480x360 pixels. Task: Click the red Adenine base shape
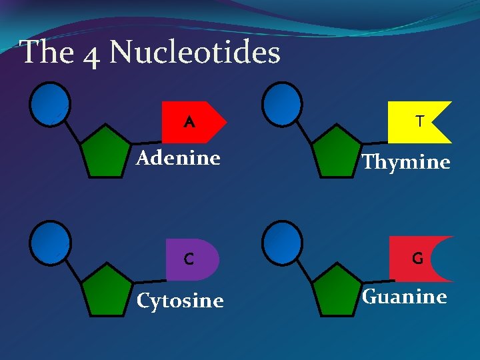193,122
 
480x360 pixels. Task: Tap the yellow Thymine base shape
417,122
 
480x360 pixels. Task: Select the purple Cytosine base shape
191,259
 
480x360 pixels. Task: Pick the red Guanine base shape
412,259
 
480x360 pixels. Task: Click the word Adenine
178,158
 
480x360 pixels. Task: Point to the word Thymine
405,162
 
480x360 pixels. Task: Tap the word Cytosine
180,301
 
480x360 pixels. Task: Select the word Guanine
404,296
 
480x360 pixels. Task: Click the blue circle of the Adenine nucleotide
50,103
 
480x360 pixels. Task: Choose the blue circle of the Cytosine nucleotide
50,241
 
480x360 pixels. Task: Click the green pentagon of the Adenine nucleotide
105,153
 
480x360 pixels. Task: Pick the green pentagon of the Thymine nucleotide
337,153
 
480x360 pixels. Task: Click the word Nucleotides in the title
195,52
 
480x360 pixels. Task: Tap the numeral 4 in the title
93,53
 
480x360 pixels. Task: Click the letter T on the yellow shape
419,121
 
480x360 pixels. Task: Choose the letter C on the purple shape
189,259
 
